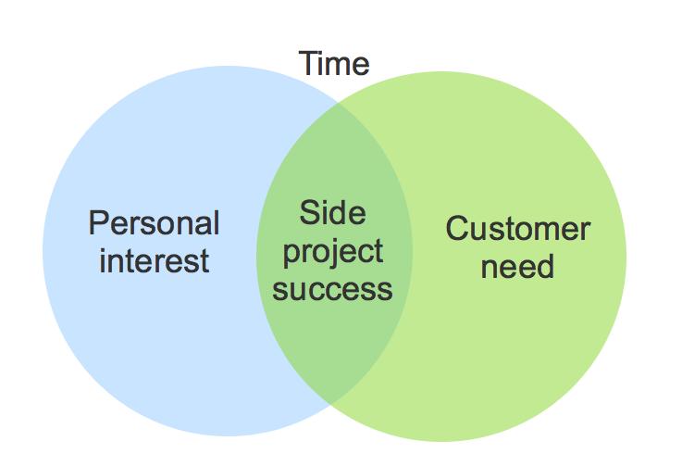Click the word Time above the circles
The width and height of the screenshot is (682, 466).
tap(334, 64)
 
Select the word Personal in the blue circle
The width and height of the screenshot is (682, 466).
tap(154, 222)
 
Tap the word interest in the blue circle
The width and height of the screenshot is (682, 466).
tap(155, 260)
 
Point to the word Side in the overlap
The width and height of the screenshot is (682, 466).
tap(333, 212)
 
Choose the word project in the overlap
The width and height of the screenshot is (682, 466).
tap(333, 252)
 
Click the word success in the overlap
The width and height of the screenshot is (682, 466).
tap(333, 290)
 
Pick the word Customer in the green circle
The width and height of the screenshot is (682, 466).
tap(518, 229)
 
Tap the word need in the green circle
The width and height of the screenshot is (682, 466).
tap(517, 266)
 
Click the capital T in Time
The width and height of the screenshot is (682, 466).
tap(308, 64)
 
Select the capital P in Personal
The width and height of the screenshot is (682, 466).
tap(98, 222)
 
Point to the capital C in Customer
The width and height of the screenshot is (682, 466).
tap(457, 229)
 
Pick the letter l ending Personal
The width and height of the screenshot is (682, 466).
tap(217, 222)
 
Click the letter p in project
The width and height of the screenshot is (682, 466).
tap(291, 255)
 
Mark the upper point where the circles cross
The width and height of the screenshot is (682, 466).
tap(338, 102)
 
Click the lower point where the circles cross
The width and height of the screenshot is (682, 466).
tap(331, 405)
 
